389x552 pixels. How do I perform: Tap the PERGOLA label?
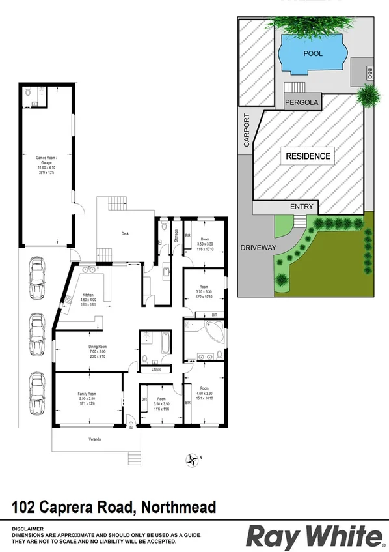(x=301, y=102)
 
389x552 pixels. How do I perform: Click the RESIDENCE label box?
(x=307, y=156)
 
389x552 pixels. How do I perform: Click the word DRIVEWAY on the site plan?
(x=259, y=248)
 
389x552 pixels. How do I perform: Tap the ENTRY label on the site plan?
(x=302, y=207)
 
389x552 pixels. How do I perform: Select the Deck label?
(x=126, y=233)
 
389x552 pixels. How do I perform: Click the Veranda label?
(x=95, y=439)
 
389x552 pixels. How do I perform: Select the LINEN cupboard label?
(x=155, y=370)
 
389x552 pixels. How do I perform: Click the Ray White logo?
(x=314, y=536)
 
